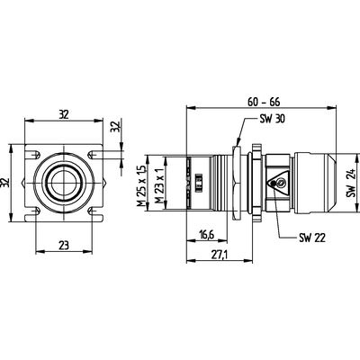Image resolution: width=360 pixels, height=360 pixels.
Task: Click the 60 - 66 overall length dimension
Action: [x=264, y=102]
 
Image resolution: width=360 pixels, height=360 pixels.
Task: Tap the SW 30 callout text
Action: [x=272, y=119]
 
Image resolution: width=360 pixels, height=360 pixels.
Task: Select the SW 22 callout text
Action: [x=312, y=238]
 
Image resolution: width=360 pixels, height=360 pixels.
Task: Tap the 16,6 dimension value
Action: [x=206, y=235]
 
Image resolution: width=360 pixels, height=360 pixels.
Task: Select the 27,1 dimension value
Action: [x=220, y=255]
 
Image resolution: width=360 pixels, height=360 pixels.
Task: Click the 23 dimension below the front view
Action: [x=64, y=246]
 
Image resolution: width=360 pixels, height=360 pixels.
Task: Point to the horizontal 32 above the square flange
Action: [x=64, y=114]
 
